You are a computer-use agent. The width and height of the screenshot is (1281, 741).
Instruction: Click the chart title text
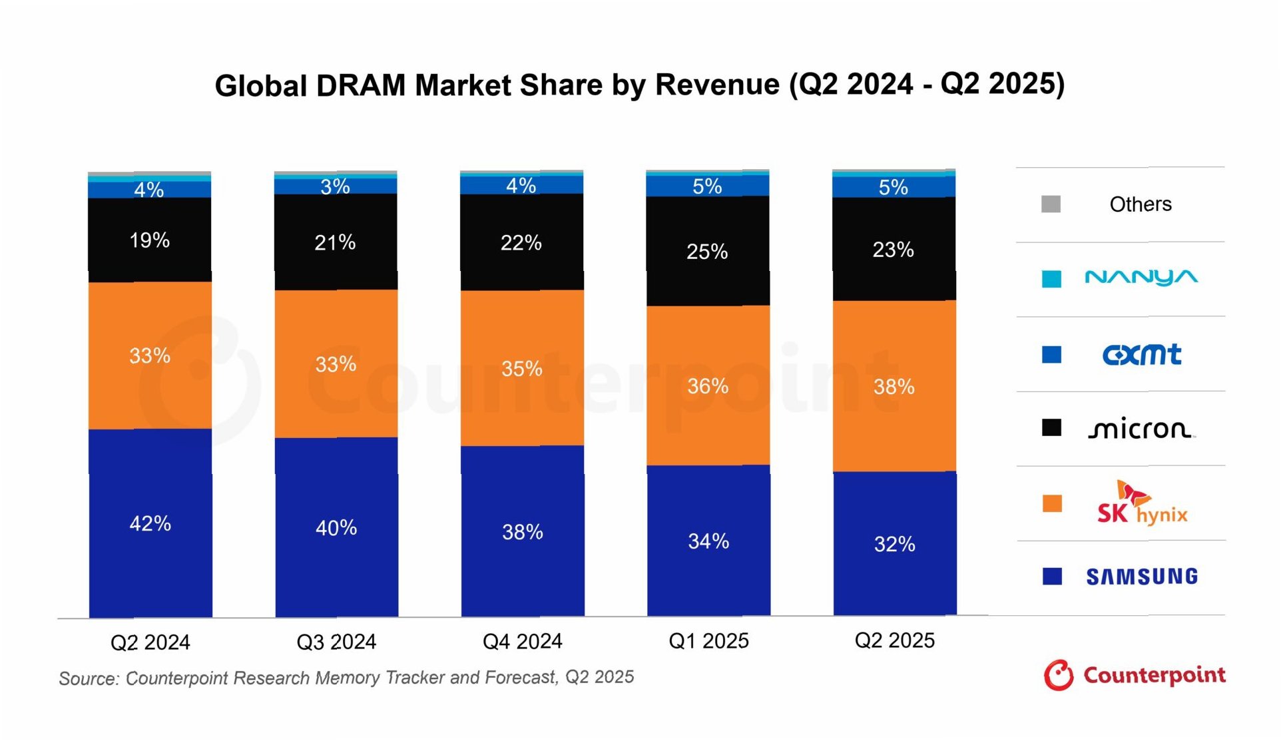[x=639, y=85]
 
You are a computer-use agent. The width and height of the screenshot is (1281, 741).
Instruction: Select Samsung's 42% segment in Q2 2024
[x=150, y=523]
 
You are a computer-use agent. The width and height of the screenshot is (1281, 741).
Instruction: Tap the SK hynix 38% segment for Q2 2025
[x=894, y=386]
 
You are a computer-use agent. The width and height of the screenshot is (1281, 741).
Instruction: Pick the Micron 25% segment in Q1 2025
[x=707, y=252]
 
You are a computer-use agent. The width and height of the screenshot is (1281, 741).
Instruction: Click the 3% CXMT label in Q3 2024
[x=335, y=186]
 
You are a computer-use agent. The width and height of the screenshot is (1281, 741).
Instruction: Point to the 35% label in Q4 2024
[x=521, y=368]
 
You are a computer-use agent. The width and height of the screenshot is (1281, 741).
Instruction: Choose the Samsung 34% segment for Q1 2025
[x=708, y=541]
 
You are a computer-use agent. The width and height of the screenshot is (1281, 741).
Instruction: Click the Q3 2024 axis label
[x=336, y=642]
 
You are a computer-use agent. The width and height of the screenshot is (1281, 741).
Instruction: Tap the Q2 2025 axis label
[x=894, y=640]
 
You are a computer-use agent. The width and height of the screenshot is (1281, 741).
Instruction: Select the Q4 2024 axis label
[x=522, y=641]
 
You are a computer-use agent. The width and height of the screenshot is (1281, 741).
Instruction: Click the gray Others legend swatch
[x=1051, y=204]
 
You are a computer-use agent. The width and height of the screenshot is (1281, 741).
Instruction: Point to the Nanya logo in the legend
[x=1141, y=278]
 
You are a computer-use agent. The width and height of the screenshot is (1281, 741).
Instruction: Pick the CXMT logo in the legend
[x=1141, y=354]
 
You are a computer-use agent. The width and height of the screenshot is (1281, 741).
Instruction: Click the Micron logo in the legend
[x=1141, y=429]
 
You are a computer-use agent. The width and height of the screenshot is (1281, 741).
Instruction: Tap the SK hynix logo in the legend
[x=1141, y=503]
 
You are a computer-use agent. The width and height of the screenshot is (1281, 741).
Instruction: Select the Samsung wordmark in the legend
[x=1141, y=577]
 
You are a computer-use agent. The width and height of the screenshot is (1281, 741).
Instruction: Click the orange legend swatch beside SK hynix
[x=1052, y=503]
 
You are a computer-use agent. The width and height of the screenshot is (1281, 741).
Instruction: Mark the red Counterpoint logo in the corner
[x=1134, y=675]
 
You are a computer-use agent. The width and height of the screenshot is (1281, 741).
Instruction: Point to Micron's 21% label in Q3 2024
[x=335, y=242]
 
